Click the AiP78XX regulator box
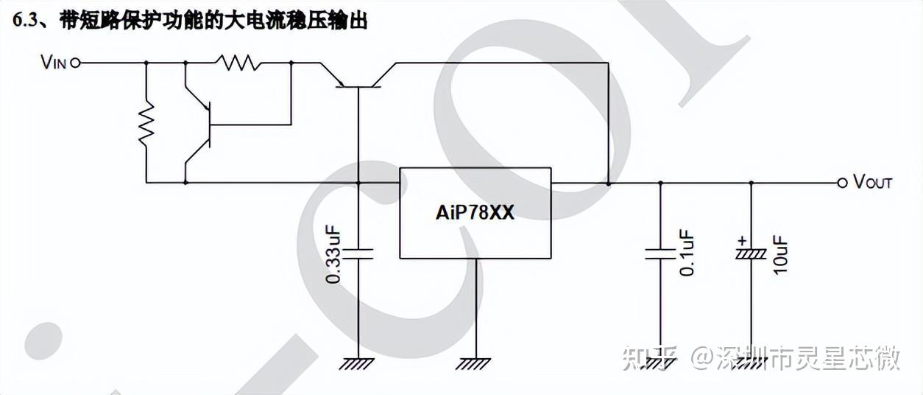click(x=475, y=213)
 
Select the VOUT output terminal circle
click(x=842, y=183)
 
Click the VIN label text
click(x=54, y=63)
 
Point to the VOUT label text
click(x=872, y=183)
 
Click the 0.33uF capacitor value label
click(x=333, y=254)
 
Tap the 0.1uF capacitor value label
click(x=687, y=253)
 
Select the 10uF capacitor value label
click(x=780, y=254)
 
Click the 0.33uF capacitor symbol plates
click(x=358, y=254)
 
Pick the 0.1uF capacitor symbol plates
click(x=659, y=254)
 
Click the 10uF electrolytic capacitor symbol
click(x=751, y=253)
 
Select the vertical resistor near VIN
click(x=146, y=123)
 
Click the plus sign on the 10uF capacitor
click(x=741, y=240)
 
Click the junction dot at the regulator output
click(x=608, y=183)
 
